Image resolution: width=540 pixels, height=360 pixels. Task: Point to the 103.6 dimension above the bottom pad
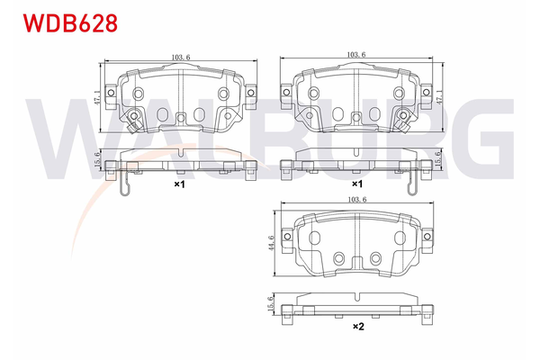tap(357, 201)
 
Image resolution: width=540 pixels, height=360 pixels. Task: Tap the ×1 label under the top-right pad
tap(355, 183)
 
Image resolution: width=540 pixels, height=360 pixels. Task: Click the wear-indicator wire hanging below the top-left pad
tap(127, 184)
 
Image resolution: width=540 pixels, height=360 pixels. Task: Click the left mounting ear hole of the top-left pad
tap(110, 89)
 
